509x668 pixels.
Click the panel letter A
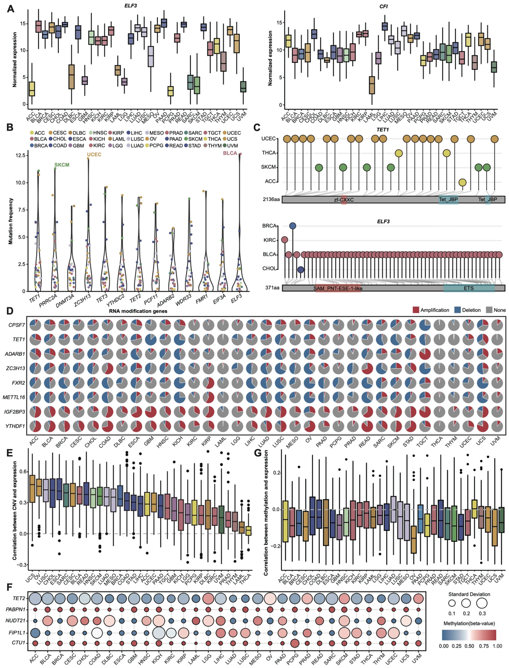pos(10,9)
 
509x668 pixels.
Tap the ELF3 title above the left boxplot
pos(130,5)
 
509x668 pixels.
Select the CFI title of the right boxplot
pos(383,6)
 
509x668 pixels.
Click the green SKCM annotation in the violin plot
pos(62,165)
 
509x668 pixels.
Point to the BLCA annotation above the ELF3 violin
pos(230,153)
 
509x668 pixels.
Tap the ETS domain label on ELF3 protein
pos(468,288)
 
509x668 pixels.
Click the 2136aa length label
pos(271,199)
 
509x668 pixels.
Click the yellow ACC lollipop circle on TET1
pos(462,182)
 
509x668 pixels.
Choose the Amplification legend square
pos(416,310)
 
